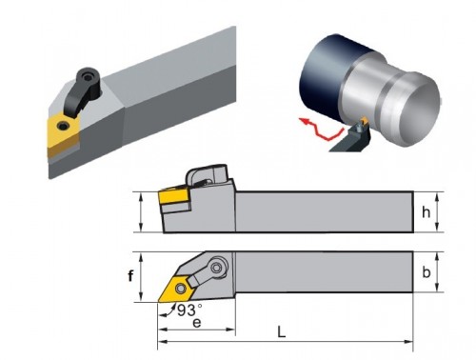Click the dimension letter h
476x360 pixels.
(x=426, y=212)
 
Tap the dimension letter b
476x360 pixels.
(x=426, y=272)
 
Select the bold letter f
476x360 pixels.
(x=130, y=275)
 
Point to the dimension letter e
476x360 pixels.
(x=197, y=323)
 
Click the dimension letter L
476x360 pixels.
(x=281, y=332)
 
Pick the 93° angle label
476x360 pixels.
(x=189, y=310)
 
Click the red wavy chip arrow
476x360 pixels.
(x=321, y=129)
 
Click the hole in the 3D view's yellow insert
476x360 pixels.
(x=63, y=127)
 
